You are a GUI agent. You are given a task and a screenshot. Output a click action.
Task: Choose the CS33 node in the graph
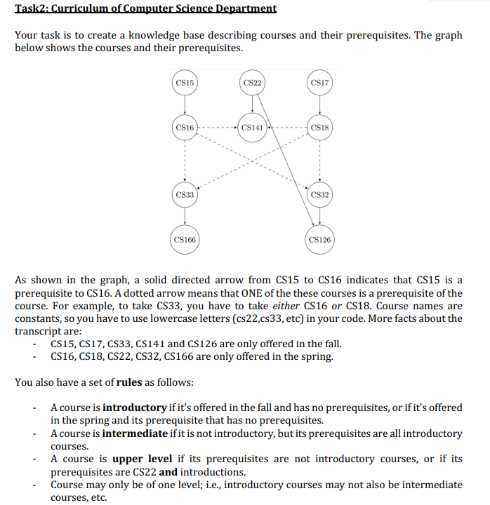185,194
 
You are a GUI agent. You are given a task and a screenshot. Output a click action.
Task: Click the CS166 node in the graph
185,240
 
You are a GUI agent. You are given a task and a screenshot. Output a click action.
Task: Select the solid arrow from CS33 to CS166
185,217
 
